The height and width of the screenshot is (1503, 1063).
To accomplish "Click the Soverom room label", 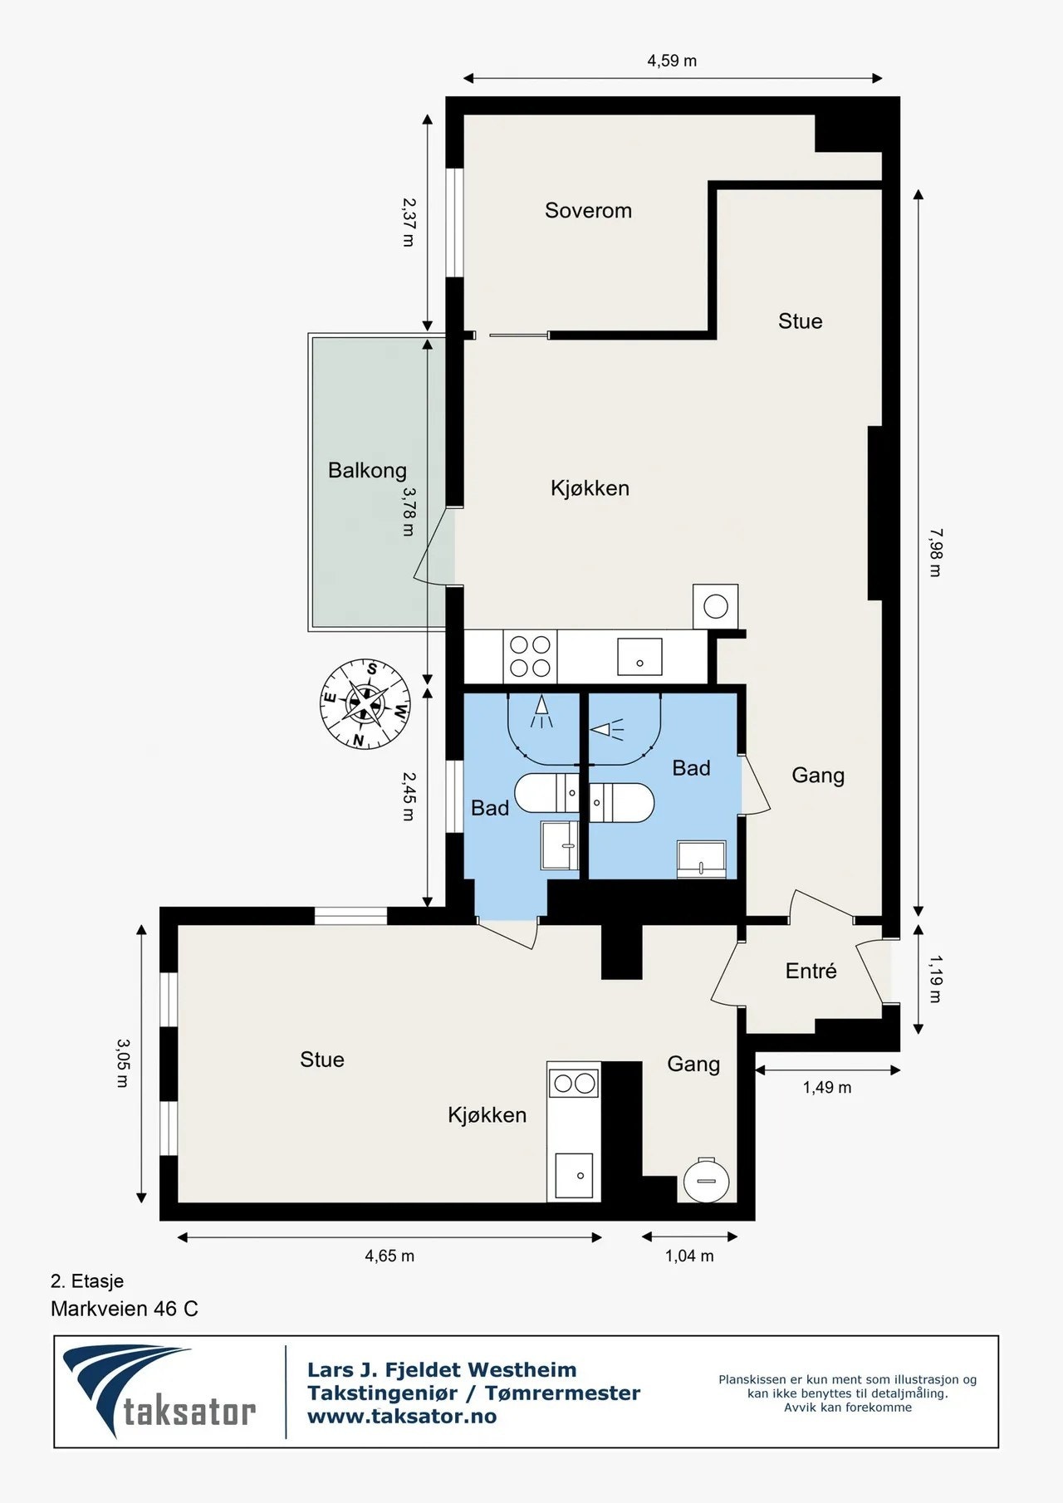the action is point(588,211).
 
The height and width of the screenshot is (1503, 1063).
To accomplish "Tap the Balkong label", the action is point(367,471).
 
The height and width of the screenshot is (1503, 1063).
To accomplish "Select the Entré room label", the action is point(811,971).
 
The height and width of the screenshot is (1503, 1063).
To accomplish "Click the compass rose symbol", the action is point(365,703).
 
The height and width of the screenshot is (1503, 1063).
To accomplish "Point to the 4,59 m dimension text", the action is point(672,61).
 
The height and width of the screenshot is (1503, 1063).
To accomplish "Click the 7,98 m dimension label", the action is point(935,552).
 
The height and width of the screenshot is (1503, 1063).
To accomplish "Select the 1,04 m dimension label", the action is point(689,1256).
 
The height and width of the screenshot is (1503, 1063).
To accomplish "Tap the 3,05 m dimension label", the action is point(123,1063).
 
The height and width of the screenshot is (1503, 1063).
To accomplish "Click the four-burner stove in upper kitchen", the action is point(530,656).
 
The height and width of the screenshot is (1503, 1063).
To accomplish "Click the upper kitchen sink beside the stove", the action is point(639,657).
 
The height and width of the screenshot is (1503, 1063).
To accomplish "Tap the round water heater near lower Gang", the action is point(706,1179).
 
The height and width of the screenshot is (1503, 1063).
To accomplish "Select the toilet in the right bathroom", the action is point(621,802).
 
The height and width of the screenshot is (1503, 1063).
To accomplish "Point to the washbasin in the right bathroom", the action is point(702,859).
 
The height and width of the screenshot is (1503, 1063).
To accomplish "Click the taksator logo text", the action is point(189,1411).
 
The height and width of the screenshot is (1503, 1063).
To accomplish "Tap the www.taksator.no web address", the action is point(402,1417).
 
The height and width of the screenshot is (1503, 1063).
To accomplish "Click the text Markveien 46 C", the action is point(125,1309).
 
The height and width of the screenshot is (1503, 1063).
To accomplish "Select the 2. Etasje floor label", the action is point(87,1280).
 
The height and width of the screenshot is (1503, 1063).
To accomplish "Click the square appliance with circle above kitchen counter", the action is point(715,606).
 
